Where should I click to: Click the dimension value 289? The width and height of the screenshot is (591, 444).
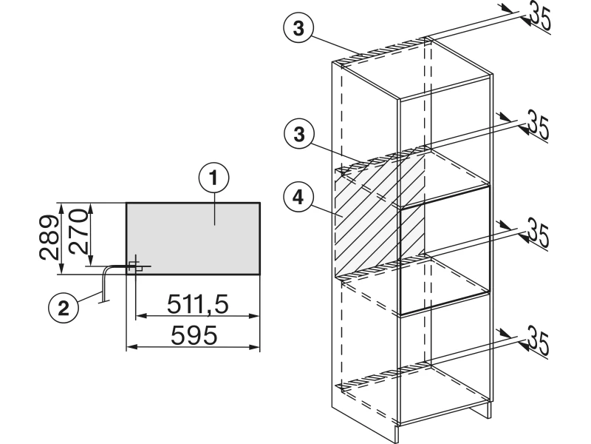49,238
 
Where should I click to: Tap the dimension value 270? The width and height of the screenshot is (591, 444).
79,232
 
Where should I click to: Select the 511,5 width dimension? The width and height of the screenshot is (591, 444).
197,304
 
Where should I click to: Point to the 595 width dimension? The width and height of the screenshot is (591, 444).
194,335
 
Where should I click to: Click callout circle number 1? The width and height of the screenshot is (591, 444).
213,178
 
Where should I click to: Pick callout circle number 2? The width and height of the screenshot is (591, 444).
64,308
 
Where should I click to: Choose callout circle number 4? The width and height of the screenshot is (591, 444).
298,197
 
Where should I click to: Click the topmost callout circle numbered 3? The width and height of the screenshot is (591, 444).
298,28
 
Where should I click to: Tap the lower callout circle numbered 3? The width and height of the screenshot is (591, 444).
299,134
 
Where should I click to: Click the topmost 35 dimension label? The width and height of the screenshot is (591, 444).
541,16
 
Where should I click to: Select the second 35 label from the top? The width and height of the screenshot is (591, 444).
539,124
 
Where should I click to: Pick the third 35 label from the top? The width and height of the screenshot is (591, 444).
539,232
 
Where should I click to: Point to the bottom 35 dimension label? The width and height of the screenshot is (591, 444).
539,341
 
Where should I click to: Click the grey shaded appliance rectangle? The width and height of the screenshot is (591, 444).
193,238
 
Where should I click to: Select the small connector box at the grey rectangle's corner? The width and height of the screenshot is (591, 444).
136,266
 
